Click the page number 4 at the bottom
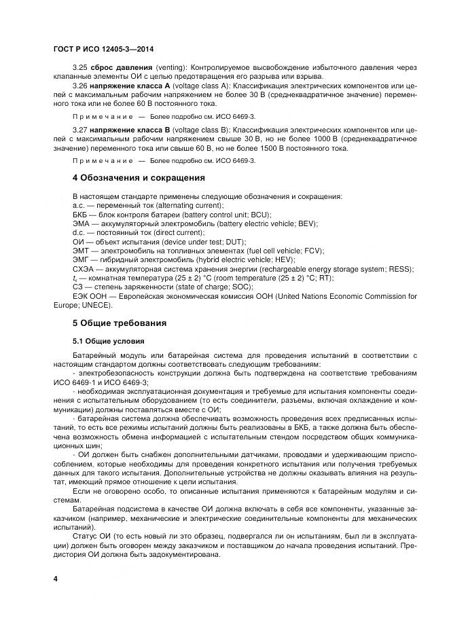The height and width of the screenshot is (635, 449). coord(55,579)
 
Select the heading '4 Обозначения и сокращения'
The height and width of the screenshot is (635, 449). coord(138,178)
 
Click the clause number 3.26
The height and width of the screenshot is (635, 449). coord(79,86)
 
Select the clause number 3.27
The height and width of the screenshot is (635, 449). coord(79,130)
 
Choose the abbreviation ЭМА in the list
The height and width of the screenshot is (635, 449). coord(81,223)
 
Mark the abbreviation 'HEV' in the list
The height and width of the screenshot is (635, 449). coord(283,259)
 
